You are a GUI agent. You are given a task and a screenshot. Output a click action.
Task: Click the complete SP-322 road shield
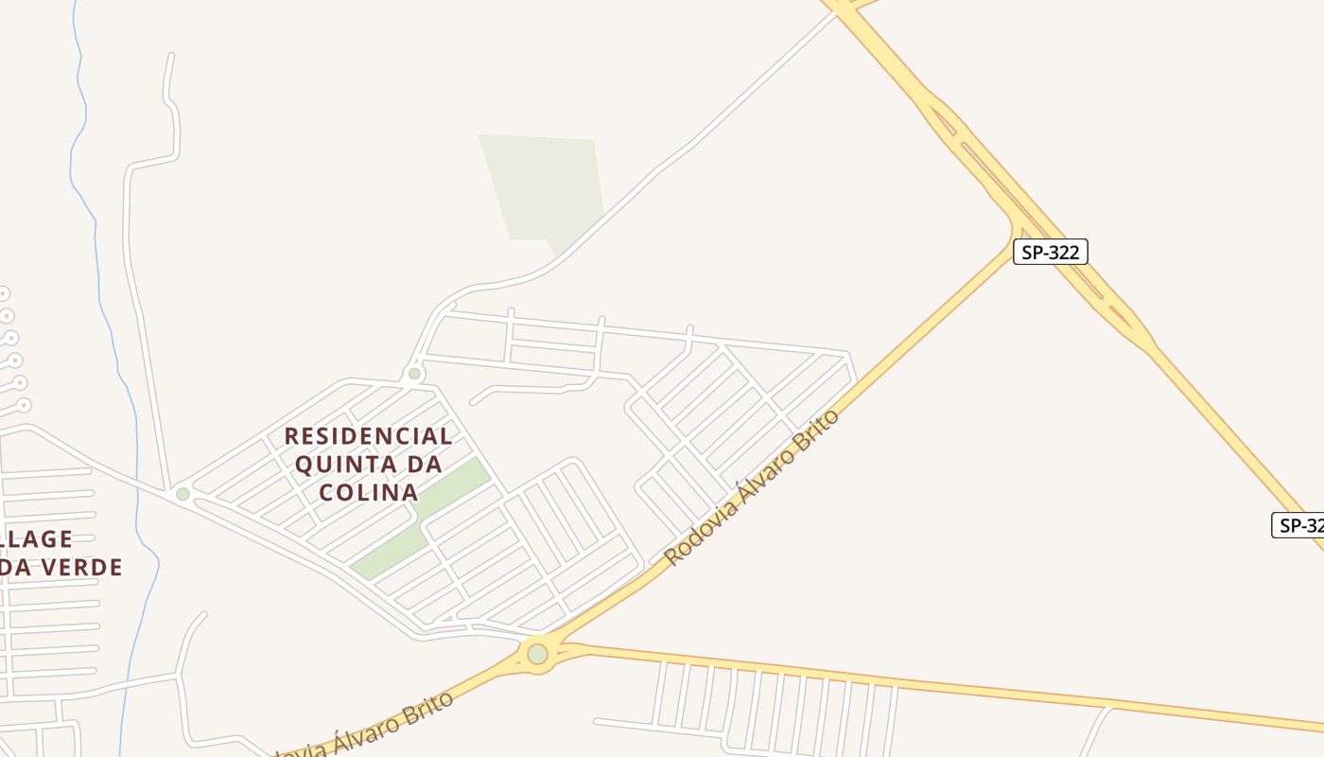click(x=1051, y=252)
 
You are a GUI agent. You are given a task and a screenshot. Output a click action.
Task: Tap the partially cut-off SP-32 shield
click(x=1298, y=525)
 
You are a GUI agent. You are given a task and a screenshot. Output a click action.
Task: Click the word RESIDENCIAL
click(x=369, y=436)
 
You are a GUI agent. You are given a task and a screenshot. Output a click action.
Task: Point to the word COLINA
click(x=369, y=492)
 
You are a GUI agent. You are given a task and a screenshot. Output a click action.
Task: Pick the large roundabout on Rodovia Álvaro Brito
click(x=538, y=654)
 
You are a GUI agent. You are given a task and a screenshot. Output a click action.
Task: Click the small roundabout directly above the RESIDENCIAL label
click(x=414, y=374)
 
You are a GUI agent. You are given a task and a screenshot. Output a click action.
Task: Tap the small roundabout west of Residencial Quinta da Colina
click(x=183, y=494)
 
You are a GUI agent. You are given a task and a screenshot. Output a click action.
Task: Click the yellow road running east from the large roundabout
click(x=851, y=674)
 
